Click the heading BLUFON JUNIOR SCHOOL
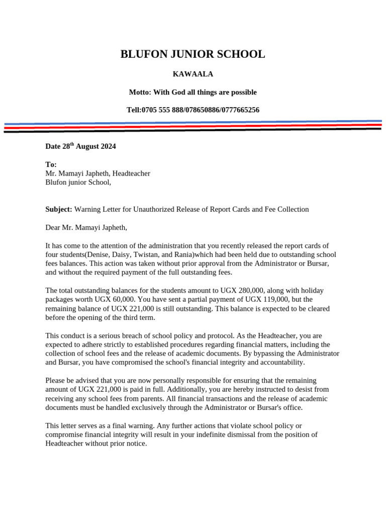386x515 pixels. [x=192, y=54]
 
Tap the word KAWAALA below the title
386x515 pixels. [x=192, y=74]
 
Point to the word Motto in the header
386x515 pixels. [x=139, y=92]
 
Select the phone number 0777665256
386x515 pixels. [x=240, y=110]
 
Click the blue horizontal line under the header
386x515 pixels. [x=192, y=123]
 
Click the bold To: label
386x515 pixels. [x=51, y=164]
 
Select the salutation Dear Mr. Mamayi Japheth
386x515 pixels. [x=86, y=228]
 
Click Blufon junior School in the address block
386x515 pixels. [x=78, y=182]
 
